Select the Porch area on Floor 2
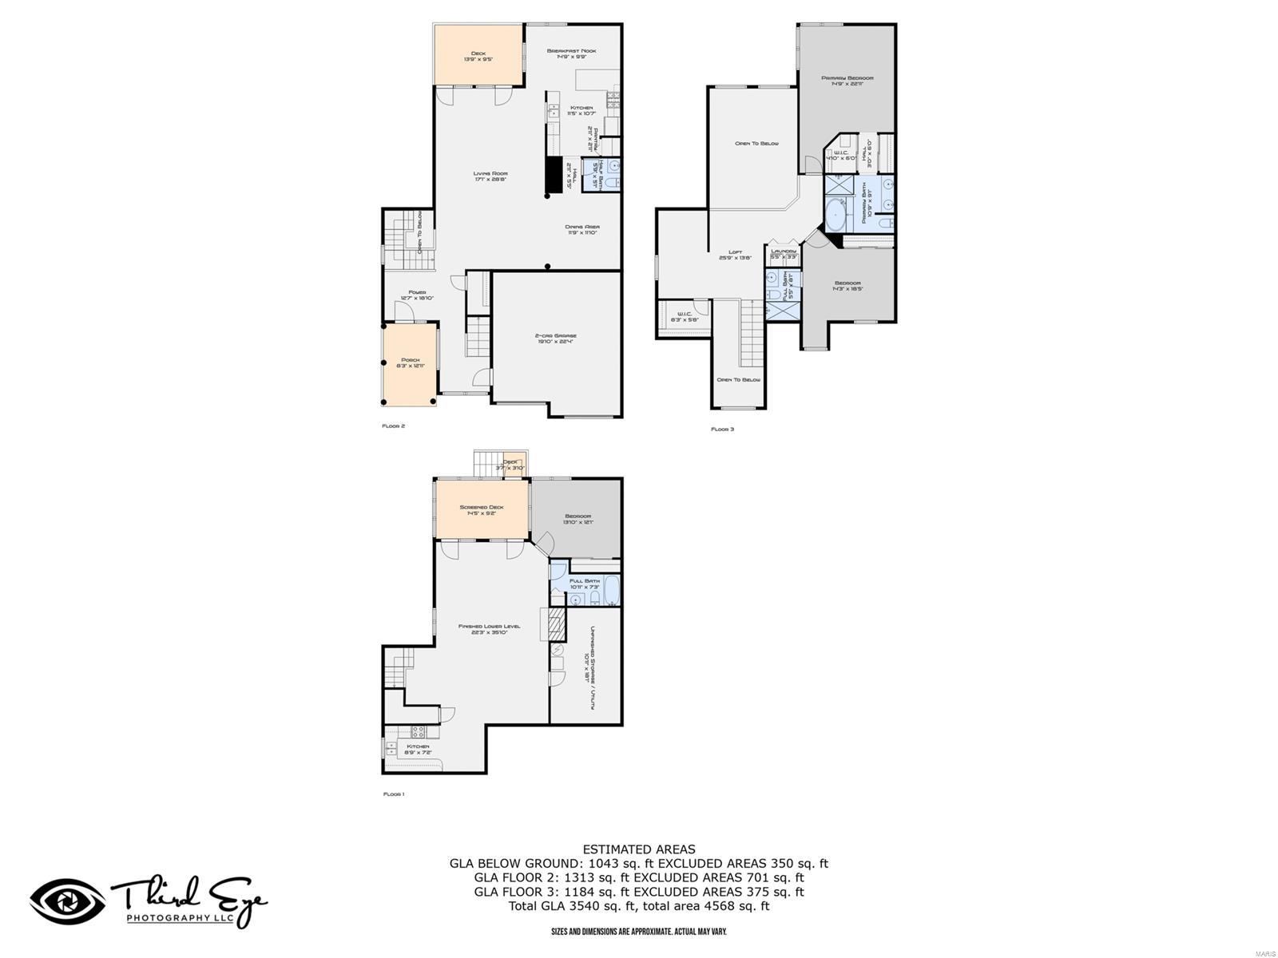coord(410,363)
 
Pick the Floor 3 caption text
coord(722,430)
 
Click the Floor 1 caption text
coord(394,794)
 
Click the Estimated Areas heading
coord(638,849)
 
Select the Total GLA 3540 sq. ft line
coord(638,906)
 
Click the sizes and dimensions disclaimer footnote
coord(638,932)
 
